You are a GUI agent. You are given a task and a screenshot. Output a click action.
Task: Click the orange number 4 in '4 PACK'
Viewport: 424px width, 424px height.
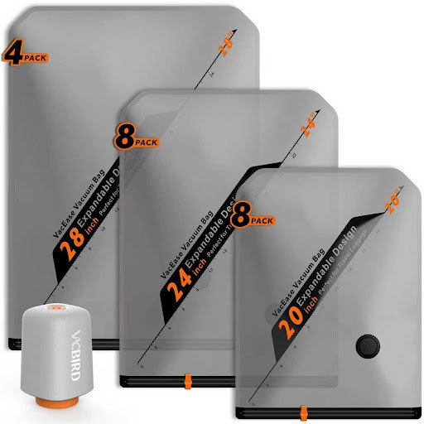12,55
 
